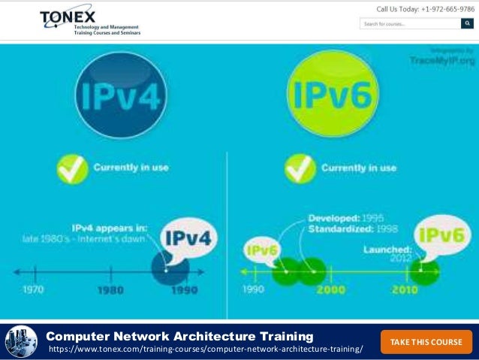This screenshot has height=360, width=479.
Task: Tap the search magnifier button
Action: [471, 24]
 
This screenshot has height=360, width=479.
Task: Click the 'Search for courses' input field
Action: [410, 24]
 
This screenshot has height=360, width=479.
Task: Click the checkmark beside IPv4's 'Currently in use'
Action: [73, 168]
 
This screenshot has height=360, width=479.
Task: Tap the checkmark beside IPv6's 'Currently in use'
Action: [299, 168]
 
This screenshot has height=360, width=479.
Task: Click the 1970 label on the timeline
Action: [33, 290]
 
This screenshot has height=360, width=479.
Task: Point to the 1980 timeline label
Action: [111, 290]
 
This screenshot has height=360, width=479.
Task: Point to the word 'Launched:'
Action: [390, 249]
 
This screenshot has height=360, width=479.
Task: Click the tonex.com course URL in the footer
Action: [205, 350]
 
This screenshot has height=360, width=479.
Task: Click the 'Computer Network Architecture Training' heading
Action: [179, 336]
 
